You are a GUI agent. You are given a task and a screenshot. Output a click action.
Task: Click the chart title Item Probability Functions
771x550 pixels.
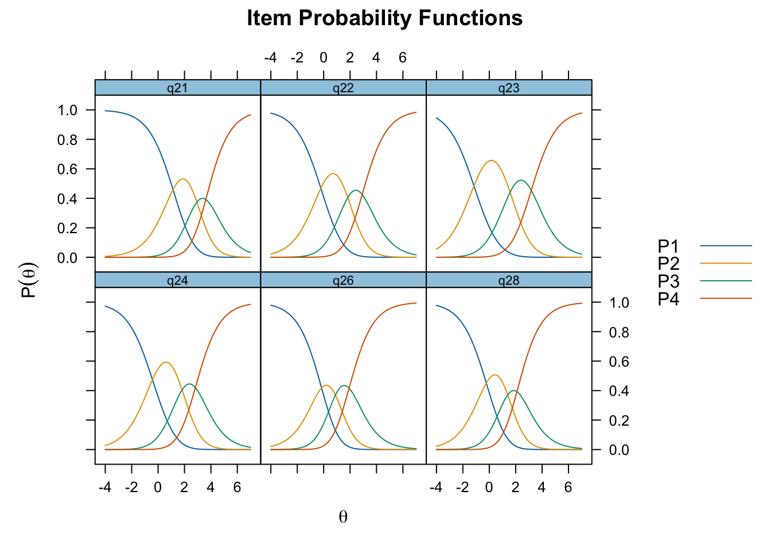[x=384, y=18]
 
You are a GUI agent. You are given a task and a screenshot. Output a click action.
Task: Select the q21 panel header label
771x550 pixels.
[x=177, y=88]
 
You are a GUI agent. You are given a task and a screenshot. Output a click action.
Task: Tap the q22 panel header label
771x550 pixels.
[x=343, y=88]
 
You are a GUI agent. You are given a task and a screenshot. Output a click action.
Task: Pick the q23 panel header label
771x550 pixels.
[x=509, y=88]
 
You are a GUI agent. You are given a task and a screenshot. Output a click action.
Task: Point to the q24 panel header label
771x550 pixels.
[x=177, y=281]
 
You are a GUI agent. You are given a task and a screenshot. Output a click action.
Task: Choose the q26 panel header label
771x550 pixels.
[x=343, y=281]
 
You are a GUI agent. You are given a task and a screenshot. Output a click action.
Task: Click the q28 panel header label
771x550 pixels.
[x=509, y=281]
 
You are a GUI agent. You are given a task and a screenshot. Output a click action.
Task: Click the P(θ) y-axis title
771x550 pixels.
[x=30, y=280]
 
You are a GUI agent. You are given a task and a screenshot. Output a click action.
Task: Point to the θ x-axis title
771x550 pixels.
[x=343, y=517]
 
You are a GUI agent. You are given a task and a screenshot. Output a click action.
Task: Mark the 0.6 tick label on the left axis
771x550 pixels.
[x=67, y=169]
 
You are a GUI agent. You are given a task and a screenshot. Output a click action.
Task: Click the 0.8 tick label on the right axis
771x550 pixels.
[x=619, y=332]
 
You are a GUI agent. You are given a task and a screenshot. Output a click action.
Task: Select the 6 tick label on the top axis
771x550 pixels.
[x=403, y=58]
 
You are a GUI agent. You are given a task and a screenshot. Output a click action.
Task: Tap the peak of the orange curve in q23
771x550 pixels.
[x=491, y=160]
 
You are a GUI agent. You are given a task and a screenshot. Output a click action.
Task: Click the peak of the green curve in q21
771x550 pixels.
[x=203, y=199]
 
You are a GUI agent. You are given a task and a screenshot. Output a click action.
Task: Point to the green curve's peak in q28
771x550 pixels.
[x=513, y=391]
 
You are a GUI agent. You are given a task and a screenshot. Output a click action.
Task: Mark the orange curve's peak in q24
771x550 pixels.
[x=166, y=362]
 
